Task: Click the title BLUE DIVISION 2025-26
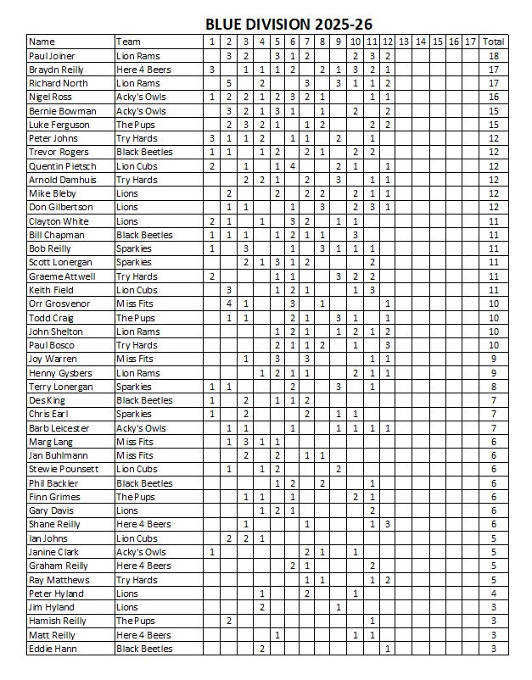tap(288, 25)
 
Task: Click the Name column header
tap(42, 42)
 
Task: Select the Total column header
tap(493, 42)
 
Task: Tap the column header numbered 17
tap(470, 42)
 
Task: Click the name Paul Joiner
tap(52, 55)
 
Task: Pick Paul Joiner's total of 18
tap(493, 55)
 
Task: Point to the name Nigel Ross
tap(50, 97)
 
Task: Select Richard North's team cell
tap(137, 83)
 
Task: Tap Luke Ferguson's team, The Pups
tap(136, 125)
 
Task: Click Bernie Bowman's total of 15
tap(493, 111)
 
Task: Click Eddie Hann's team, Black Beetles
tap(144, 649)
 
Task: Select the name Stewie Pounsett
tap(64, 469)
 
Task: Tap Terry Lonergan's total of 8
tap(493, 387)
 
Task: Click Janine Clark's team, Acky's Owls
tap(141, 552)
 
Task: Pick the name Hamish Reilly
tap(57, 621)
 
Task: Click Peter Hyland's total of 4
tap(493, 594)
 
